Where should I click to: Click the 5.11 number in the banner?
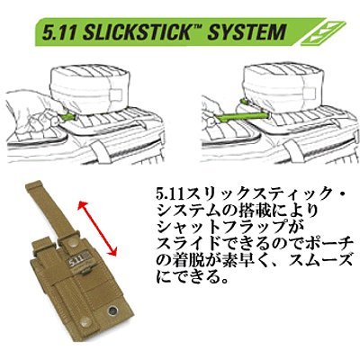[x=60, y=31]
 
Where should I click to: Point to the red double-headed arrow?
[x=97, y=229]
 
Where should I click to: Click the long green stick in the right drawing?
[x=243, y=115]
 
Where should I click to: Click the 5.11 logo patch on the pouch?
[x=77, y=260]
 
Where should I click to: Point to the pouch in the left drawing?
[x=87, y=87]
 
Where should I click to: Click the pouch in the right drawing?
[x=282, y=87]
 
